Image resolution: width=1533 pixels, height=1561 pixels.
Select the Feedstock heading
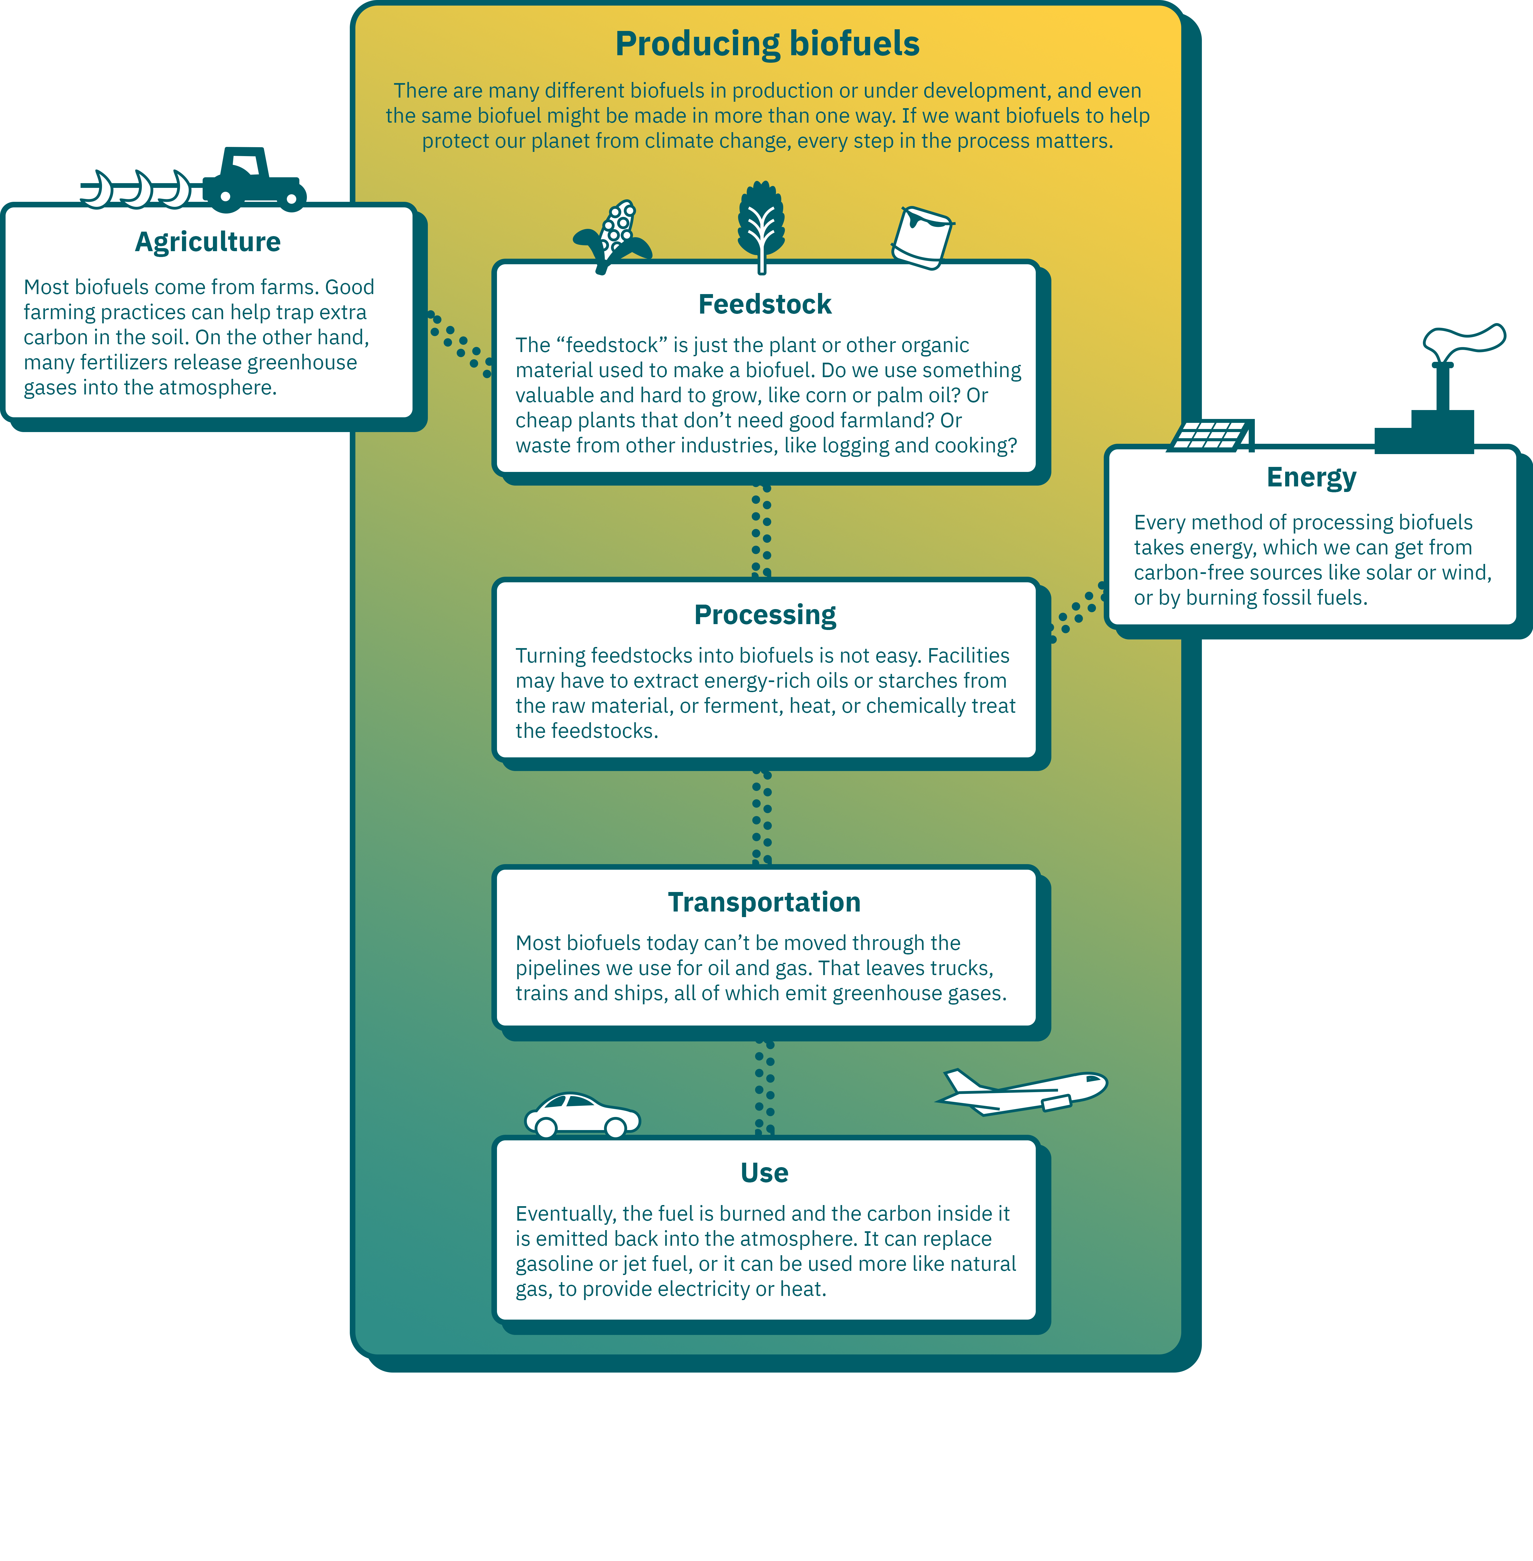coord(765,304)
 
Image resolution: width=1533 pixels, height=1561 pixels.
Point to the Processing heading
coord(765,615)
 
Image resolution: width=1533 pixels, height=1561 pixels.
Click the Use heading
coord(764,1173)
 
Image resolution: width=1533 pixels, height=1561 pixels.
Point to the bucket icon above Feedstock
coord(923,237)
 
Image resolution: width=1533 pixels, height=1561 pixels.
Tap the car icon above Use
coord(582,1115)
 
